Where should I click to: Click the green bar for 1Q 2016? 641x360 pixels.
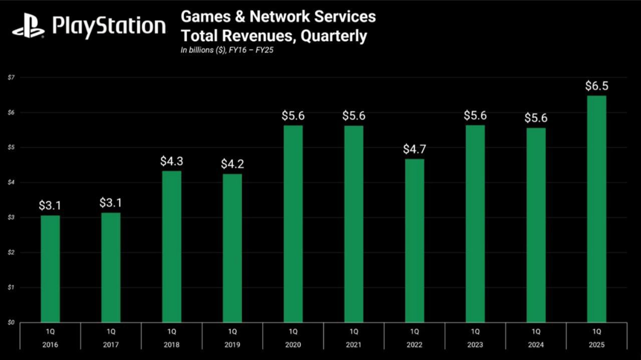pyautogui.click(x=50, y=269)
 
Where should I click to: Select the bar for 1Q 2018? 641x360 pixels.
pyautogui.click(x=172, y=246)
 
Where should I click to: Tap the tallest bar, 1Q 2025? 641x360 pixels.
pyautogui.click(x=596, y=209)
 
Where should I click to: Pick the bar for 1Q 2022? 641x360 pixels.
pyautogui.click(x=414, y=240)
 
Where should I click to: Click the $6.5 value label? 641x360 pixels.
pyautogui.click(x=596, y=86)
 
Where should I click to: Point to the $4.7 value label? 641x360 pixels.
pyautogui.click(x=414, y=149)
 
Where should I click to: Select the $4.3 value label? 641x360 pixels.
pyautogui.click(x=171, y=161)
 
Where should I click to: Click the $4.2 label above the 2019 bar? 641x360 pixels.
pyautogui.click(x=232, y=164)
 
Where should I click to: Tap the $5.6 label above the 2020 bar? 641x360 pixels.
pyautogui.click(x=293, y=116)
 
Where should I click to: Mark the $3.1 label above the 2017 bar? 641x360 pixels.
pyautogui.click(x=111, y=203)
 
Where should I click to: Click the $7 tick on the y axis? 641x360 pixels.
pyautogui.click(x=11, y=77)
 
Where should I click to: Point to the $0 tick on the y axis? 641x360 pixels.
pyautogui.click(x=11, y=322)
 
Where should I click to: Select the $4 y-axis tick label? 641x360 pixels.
pyautogui.click(x=11, y=182)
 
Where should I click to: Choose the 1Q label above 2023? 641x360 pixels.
pyautogui.click(x=475, y=331)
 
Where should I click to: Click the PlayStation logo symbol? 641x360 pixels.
pyautogui.click(x=29, y=27)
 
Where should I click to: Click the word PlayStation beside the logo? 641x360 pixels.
pyautogui.click(x=109, y=27)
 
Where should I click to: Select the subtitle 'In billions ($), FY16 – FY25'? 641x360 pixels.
pyautogui.click(x=228, y=50)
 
